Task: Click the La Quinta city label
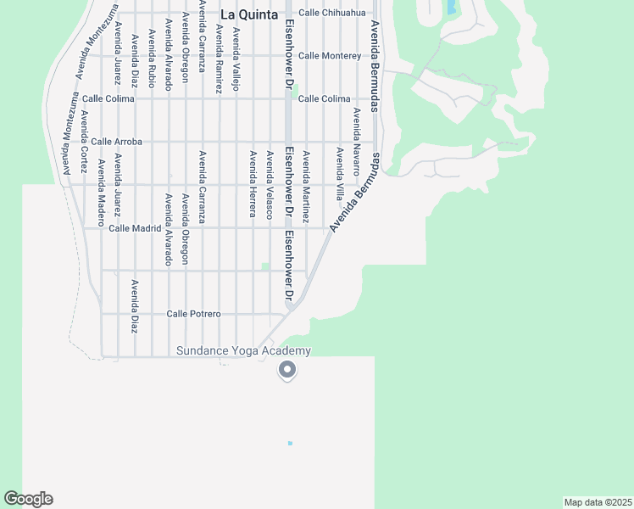[244, 14]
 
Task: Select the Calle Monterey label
[330, 56]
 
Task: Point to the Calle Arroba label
[117, 141]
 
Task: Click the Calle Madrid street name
[135, 228]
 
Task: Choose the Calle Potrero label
[193, 314]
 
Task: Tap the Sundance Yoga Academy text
[243, 351]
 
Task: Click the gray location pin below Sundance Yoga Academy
[287, 370]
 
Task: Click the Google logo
[28, 499]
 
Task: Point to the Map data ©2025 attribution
[598, 502]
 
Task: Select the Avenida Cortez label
[84, 139]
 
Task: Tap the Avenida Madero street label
[101, 192]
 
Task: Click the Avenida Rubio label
[152, 58]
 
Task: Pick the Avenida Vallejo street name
[236, 59]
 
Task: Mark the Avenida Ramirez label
[220, 58]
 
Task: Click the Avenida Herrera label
[253, 183]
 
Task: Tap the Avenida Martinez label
[306, 187]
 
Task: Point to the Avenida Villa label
[339, 172]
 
